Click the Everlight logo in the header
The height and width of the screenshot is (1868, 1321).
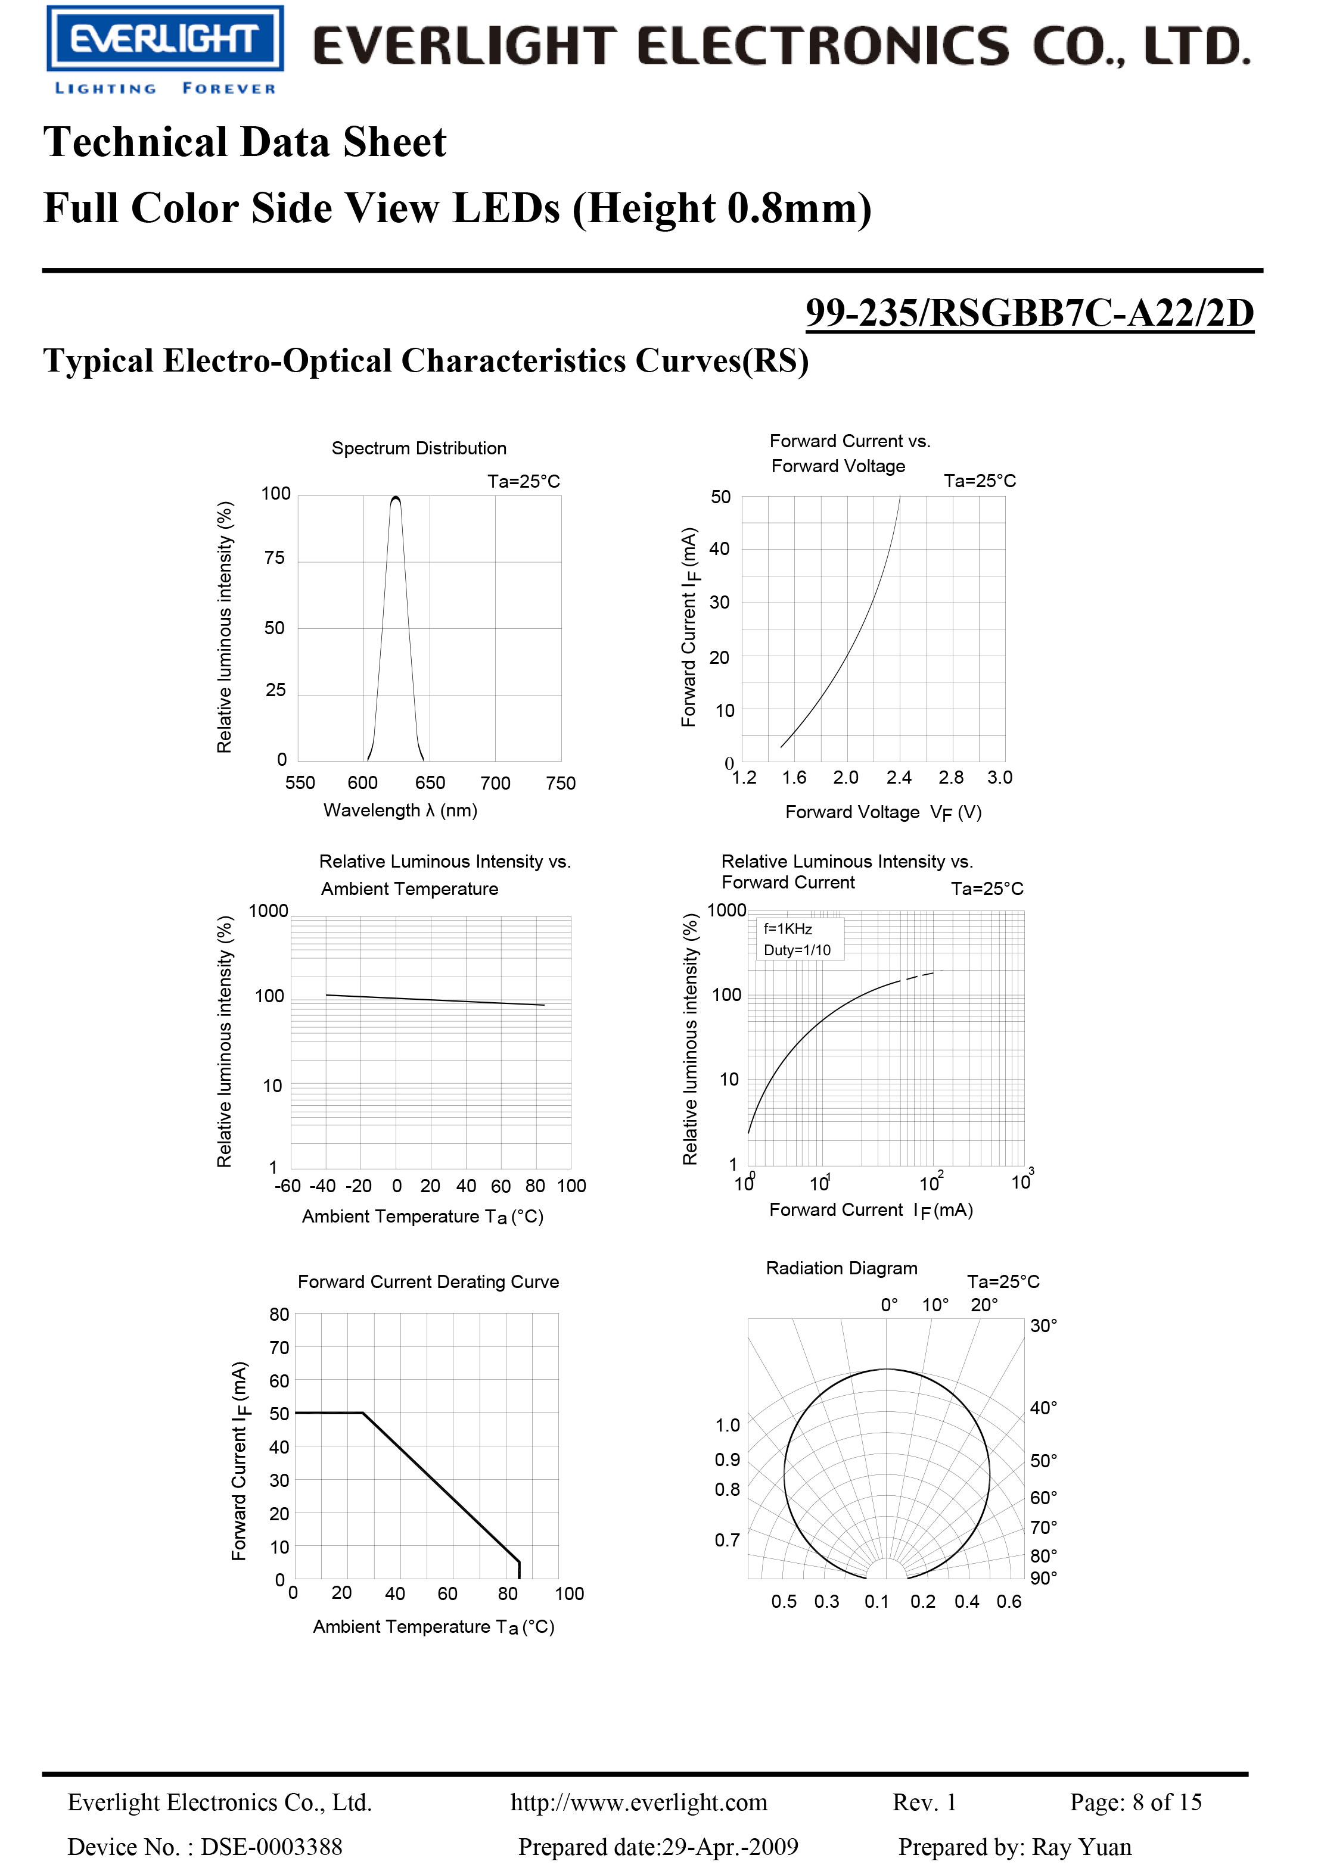[x=164, y=39]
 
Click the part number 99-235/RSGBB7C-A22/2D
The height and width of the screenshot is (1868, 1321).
[x=1029, y=313]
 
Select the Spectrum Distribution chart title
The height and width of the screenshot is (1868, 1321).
[x=418, y=448]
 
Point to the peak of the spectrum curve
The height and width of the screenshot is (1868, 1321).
[x=396, y=497]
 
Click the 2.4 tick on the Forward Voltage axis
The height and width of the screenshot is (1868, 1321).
[x=899, y=778]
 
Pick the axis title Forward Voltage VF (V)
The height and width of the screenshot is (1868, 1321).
[x=883, y=812]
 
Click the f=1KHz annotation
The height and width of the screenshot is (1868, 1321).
[x=787, y=929]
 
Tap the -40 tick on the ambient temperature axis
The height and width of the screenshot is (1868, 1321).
[x=323, y=1186]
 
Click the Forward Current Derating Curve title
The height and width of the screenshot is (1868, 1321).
[x=428, y=1282]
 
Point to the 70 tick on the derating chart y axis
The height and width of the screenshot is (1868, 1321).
[x=279, y=1348]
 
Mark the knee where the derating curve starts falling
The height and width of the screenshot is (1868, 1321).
[x=362, y=1413]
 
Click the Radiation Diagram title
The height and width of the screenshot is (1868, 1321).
[x=841, y=1268]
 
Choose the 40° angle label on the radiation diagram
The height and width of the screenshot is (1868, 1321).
[x=1043, y=1408]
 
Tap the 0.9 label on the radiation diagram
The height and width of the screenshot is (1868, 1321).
[x=727, y=1460]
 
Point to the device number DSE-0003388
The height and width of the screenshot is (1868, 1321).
[x=271, y=1846]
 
